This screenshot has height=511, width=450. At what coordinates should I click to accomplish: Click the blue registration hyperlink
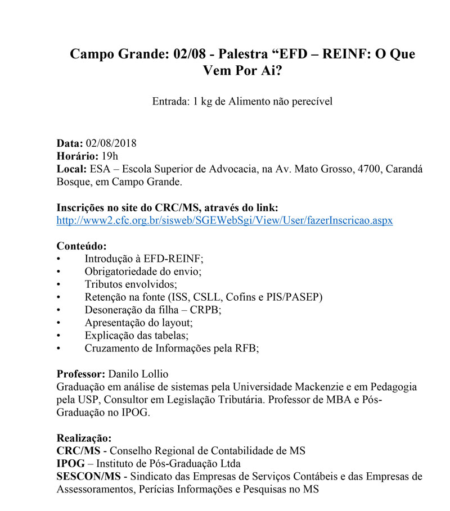(x=224, y=220)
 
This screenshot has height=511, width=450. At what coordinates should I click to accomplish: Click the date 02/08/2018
(x=111, y=143)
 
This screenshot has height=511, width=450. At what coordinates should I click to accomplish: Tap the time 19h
(x=110, y=156)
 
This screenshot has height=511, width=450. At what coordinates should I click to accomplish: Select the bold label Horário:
(x=77, y=156)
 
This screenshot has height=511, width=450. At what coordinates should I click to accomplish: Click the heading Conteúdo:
(x=82, y=246)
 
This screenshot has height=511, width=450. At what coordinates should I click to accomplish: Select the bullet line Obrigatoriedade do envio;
(x=143, y=271)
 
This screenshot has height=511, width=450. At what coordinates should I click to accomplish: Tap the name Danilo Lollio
(x=138, y=374)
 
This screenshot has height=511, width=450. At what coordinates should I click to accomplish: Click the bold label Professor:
(x=81, y=374)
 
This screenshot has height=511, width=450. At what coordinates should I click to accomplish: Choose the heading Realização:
(x=84, y=438)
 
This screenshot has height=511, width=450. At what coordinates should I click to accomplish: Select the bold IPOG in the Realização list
(x=71, y=464)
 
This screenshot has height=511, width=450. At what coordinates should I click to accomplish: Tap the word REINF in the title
(x=328, y=55)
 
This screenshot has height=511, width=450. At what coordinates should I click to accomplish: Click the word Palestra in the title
(x=243, y=55)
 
